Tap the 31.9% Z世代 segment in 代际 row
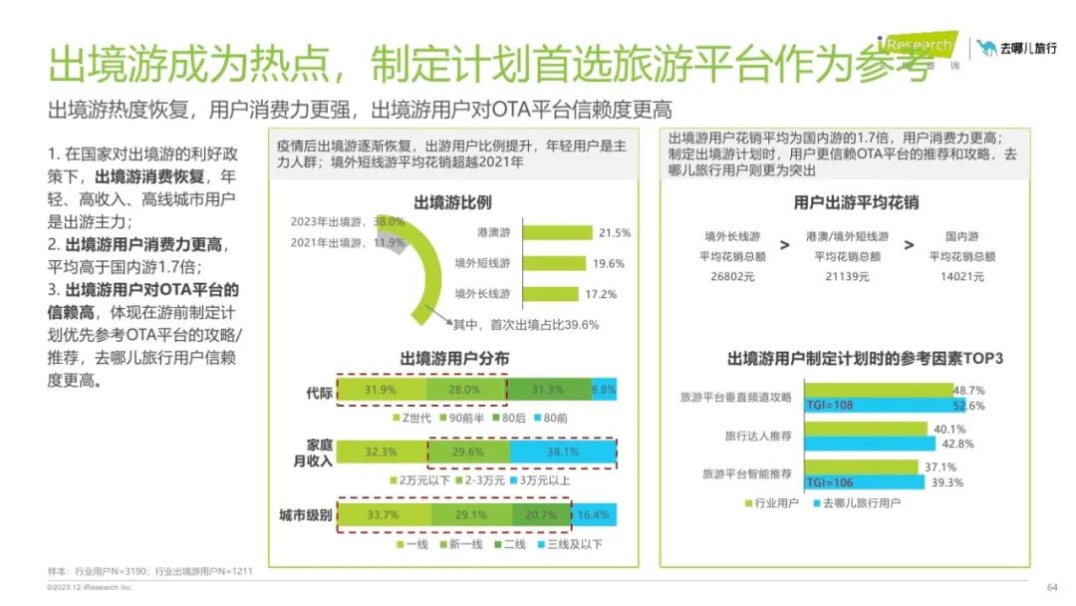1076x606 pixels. coord(381,390)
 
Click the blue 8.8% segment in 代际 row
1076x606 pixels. coord(604,390)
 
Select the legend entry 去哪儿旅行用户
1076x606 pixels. coord(855,502)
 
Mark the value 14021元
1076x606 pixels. coord(961,276)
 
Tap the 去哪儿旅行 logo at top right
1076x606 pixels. coord(1016,48)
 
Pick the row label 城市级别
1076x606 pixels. coord(303,514)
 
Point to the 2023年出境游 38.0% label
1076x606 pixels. coord(348,221)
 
